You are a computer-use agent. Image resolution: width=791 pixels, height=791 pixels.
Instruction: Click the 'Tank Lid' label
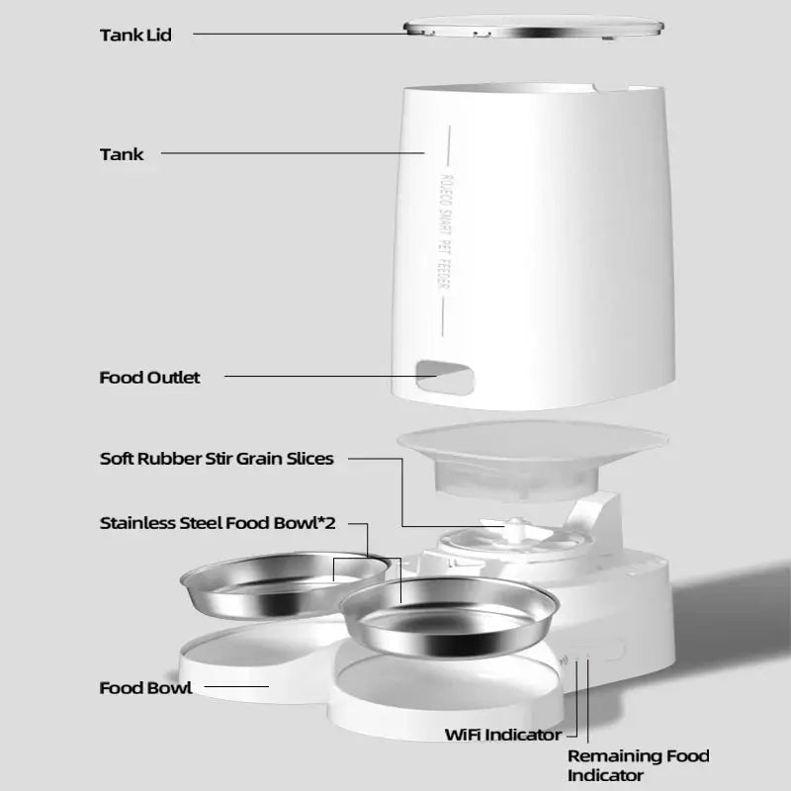click(x=135, y=36)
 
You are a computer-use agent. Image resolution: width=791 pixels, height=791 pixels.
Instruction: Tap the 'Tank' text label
click(x=122, y=154)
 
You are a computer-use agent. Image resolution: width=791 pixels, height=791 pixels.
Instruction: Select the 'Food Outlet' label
click(x=149, y=378)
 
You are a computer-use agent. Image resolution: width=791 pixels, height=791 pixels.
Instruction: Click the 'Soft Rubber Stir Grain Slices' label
click(x=217, y=459)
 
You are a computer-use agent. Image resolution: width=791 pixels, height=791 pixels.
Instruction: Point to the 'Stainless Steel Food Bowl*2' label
click(x=218, y=523)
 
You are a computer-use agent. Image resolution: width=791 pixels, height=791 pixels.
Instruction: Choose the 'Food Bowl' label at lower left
click(x=145, y=687)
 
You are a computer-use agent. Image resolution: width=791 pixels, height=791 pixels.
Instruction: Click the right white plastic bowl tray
click(x=445, y=692)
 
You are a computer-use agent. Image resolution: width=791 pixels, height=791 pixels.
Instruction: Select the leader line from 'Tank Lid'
click(x=297, y=34)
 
